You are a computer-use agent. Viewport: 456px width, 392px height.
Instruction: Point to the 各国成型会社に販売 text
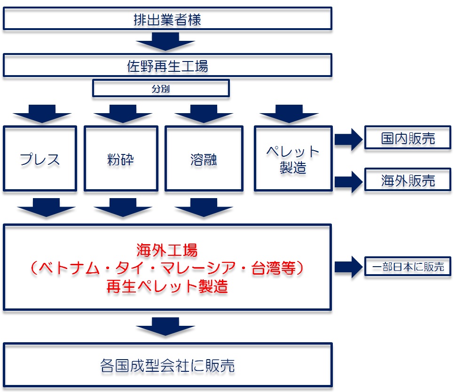167,365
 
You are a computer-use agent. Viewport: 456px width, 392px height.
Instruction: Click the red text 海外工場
167,250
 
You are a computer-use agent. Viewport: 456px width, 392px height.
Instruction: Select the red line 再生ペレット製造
167,286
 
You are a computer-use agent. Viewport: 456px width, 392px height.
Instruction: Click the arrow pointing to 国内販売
348,139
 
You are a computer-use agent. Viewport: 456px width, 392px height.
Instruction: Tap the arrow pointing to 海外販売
348,182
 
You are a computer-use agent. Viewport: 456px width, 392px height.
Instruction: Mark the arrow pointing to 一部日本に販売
348,267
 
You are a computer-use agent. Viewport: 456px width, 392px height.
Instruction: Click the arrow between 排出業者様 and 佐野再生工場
165,41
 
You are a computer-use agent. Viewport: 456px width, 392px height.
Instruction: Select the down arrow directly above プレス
42,114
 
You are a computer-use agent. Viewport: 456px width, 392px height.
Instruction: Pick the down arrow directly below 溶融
204,208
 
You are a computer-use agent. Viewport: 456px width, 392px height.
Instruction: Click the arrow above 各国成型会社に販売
165,326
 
